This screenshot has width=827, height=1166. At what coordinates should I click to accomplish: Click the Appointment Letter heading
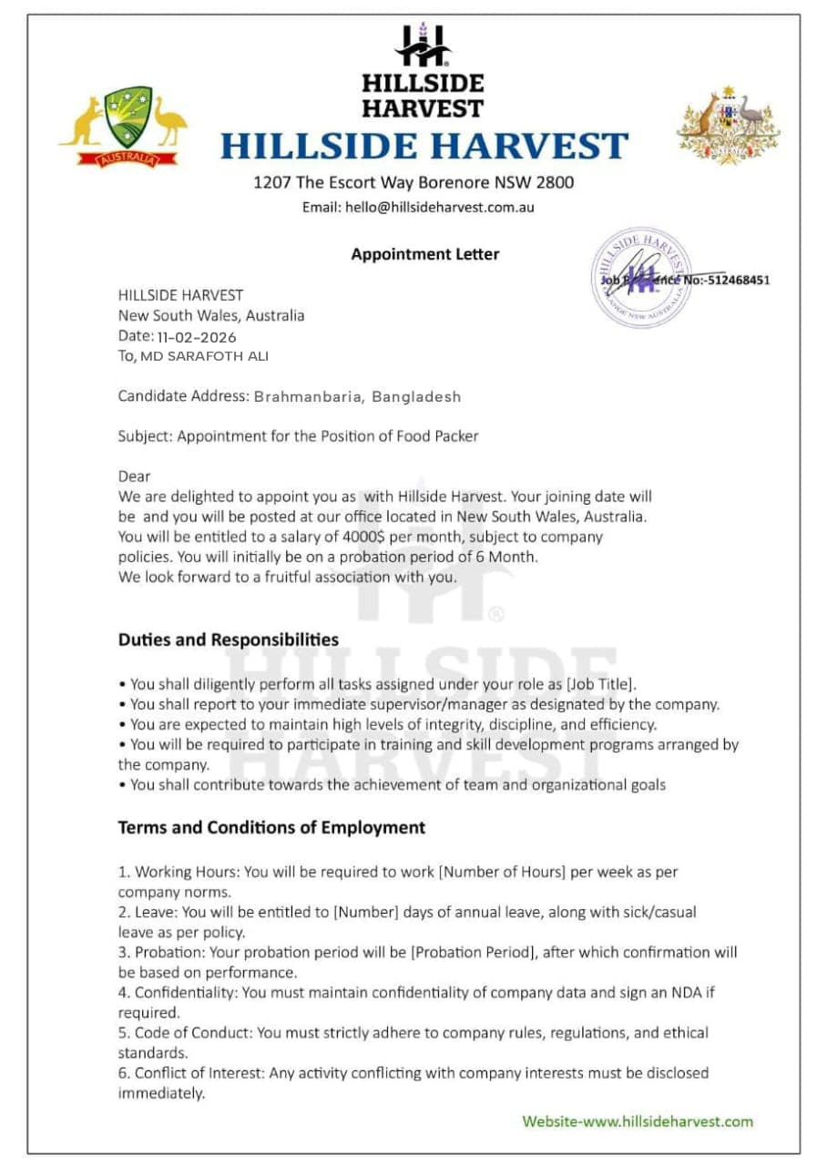425,254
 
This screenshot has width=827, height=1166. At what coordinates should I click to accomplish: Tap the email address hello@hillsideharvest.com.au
440,207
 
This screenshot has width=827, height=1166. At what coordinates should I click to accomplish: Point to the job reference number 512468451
737,280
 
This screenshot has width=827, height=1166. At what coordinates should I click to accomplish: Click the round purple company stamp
642,276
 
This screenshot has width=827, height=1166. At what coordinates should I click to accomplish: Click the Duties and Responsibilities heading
229,639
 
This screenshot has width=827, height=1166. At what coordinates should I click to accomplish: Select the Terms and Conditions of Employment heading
271,828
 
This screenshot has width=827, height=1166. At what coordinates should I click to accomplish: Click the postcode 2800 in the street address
555,182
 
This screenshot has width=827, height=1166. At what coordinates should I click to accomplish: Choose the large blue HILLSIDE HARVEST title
424,147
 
